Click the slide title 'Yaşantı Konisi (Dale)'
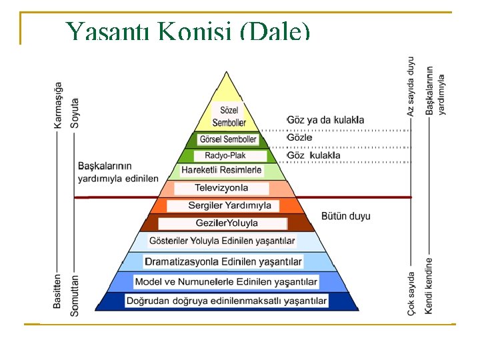click(x=187, y=32)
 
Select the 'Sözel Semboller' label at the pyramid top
click(x=229, y=116)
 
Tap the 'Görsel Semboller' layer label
click(x=228, y=139)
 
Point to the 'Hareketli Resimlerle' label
click(x=221, y=171)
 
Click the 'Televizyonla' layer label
click(x=221, y=188)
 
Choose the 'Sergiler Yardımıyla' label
click(x=229, y=205)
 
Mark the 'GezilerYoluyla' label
click(x=227, y=223)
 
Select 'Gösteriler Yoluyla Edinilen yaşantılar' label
click(x=222, y=241)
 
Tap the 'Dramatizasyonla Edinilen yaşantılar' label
click(x=223, y=261)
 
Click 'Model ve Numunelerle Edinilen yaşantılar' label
click(x=226, y=281)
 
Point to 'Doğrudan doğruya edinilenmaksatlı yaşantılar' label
click(x=227, y=301)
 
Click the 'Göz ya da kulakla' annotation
click(x=325, y=120)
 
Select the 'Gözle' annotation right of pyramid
click(x=300, y=137)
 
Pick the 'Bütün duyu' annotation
click(x=345, y=217)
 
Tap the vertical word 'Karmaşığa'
click(x=59, y=105)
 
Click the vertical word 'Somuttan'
click(x=75, y=294)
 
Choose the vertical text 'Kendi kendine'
click(x=429, y=286)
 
